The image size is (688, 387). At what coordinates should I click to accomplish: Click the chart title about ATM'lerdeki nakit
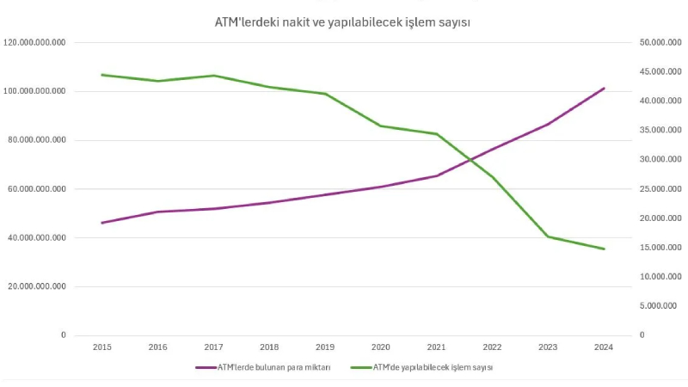(341, 21)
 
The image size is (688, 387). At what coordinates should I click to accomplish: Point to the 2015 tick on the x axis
(102, 347)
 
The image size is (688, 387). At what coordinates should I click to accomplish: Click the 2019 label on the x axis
(325, 347)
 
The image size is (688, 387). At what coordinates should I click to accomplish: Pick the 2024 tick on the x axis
(604, 347)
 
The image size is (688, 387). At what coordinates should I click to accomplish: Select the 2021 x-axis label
(436, 347)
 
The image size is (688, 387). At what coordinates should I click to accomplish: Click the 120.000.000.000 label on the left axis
(40, 42)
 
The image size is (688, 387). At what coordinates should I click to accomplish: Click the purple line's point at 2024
(604, 89)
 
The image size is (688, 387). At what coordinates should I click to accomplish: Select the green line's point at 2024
(604, 249)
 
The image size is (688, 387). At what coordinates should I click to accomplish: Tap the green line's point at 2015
(102, 75)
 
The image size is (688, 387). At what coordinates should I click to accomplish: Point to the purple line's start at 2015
(102, 223)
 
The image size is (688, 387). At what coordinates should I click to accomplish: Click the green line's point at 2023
(548, 236)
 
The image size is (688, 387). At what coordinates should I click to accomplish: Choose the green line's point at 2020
(381, 126)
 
